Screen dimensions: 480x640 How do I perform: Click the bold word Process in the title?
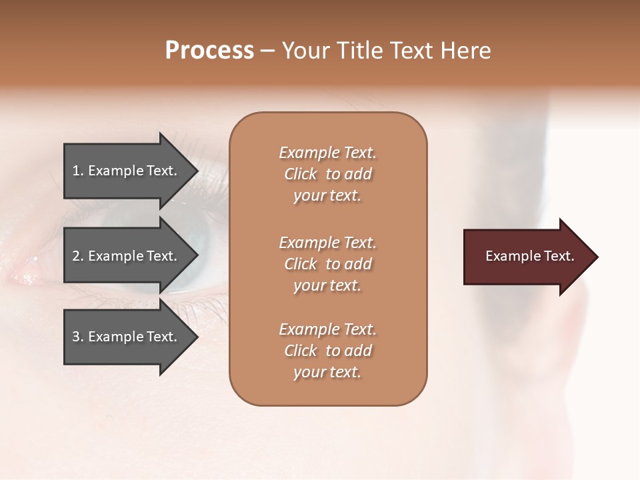[209, 51]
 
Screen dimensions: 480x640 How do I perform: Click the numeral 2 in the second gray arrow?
[76, 256]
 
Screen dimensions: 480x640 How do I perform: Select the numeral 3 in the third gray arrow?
[76, 337]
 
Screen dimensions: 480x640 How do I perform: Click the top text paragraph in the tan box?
[327, 174]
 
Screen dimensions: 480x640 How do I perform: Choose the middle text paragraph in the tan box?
[327, 264]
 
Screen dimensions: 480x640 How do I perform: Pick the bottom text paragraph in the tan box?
[327, 351]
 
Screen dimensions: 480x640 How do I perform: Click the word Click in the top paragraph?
[301, 174]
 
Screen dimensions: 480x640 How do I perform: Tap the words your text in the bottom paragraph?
[327, 372]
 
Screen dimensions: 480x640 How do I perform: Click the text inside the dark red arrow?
[529, 256]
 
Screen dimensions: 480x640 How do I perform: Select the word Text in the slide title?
[413, 51]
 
